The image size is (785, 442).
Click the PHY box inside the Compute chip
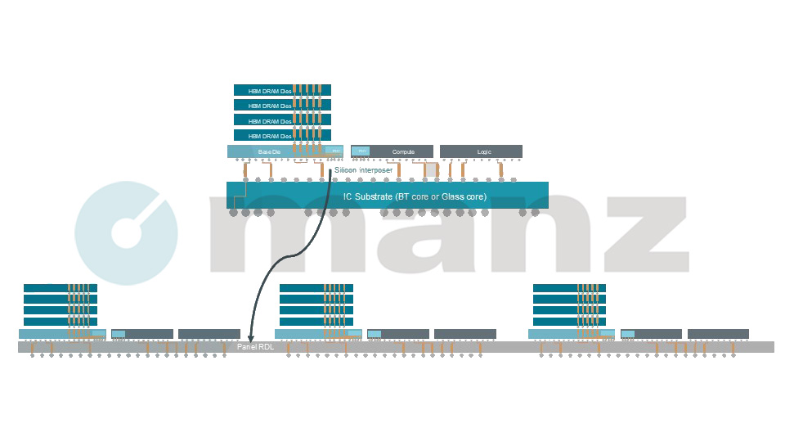coord(361,151)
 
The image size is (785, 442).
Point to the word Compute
coord(403,151)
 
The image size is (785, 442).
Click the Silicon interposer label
coord(363,170)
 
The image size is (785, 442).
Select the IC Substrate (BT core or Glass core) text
coord(415,196)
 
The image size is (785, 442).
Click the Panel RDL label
coord(253,348)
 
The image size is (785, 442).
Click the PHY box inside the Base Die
coord(334,151)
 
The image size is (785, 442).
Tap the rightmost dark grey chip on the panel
coord(718,333)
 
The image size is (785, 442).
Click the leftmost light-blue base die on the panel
coord(45,334)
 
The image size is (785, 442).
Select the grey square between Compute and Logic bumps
coord(429,169)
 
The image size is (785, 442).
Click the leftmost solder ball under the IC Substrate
coord(233,212)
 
